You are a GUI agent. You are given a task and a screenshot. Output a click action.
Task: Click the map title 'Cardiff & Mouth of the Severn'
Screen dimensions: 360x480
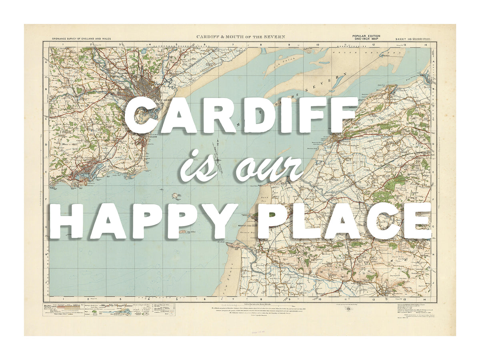240,37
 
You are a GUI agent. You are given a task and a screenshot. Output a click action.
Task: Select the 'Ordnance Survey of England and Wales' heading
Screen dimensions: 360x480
81,39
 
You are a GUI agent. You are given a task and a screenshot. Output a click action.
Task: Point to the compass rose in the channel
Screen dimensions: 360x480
219,160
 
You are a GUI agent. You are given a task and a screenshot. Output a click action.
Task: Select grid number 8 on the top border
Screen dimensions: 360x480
260,45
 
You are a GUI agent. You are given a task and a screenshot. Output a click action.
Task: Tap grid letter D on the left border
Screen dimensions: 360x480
46,145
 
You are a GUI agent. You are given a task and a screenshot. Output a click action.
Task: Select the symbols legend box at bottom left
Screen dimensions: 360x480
110,310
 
